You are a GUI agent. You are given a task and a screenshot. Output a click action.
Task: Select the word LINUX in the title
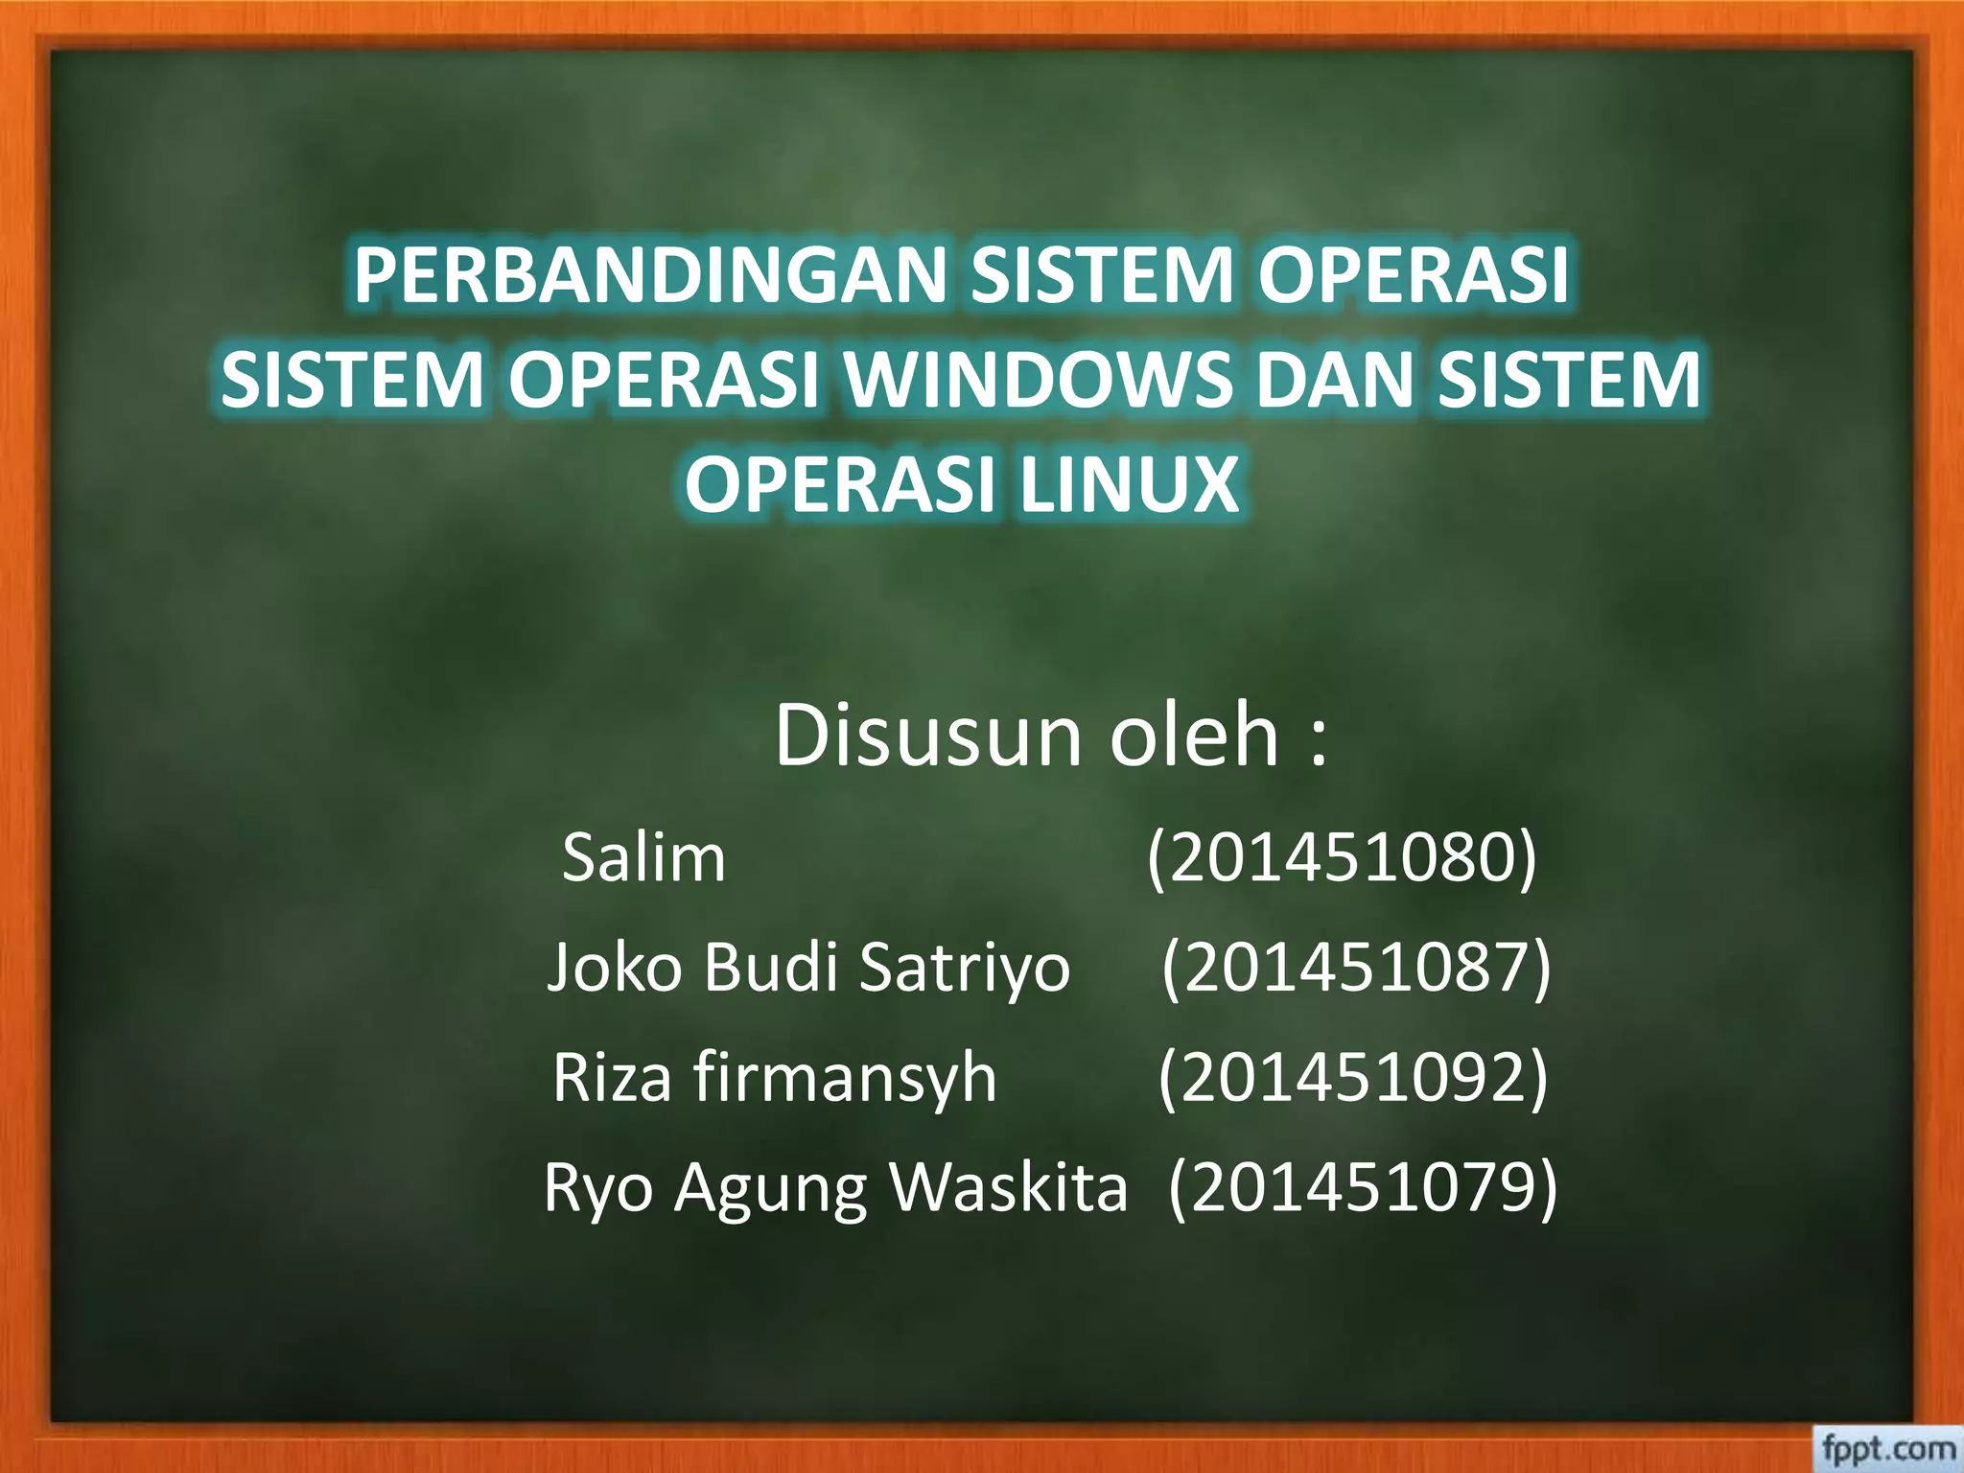(1129, 485)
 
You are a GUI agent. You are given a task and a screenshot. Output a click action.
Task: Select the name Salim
(643, 857)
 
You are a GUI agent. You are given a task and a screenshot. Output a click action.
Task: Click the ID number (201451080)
(1342, 857)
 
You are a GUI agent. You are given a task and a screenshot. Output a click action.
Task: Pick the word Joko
(614, 967)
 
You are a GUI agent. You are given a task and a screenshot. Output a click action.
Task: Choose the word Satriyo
(964, 967)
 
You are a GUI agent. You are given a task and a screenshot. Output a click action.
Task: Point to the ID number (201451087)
(1356, 967)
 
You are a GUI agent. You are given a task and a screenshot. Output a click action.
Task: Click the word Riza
(612, 1077)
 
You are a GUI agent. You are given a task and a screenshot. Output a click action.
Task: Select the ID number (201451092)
(1353, 1077)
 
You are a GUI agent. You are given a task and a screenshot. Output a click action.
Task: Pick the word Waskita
(1008, 1187)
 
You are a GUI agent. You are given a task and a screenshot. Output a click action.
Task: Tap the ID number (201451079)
(1363, 1187)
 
